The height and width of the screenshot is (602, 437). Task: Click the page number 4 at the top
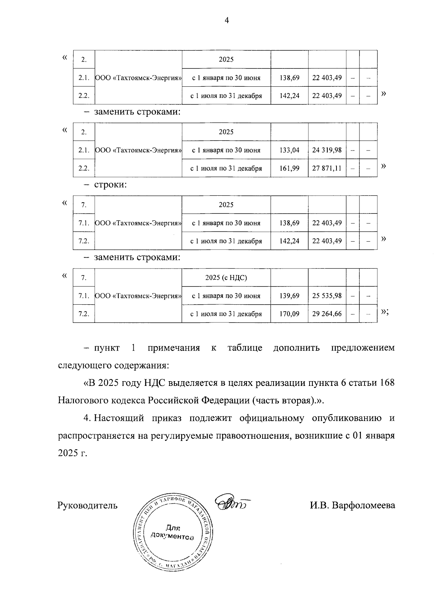[x=227, y=21]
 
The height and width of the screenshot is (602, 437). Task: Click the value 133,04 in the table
[x=290, y=150]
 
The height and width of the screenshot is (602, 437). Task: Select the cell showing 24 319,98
[x=327, y=150]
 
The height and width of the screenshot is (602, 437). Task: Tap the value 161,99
[x=290, y=168]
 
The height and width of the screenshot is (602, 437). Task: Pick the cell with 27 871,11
[x=327, y=168]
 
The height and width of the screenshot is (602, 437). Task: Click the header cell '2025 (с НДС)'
[x=226, y=277]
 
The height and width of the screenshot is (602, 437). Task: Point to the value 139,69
[x=290, y=296]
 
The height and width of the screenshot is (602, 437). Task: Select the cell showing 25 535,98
[x=327, y=296]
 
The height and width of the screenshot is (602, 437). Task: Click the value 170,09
[x=290, y=313]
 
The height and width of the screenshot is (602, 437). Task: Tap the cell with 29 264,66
[x=327, y=313]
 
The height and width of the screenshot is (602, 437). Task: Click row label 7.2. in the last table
[x=84, y=313]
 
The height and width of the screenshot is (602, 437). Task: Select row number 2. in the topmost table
[x=84, y=59]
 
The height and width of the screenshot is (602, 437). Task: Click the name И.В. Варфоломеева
[x=352, y=505]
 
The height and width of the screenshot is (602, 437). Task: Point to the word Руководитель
[x=87, y=505]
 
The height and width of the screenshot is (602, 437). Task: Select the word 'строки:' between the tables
[x=110, y=184]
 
